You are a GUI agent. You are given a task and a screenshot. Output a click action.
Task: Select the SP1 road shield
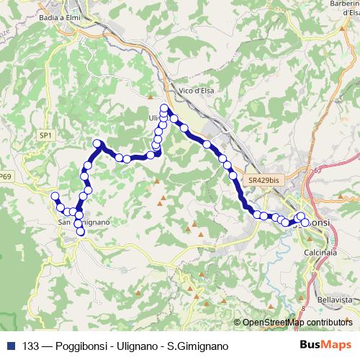(x=45, y=135)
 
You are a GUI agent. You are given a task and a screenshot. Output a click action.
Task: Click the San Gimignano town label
(x=84, y=222)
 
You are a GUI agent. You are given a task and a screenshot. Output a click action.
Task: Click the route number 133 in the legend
(x=32, y=346)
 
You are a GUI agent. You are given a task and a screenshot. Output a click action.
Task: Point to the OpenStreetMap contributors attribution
(x=297, y=323)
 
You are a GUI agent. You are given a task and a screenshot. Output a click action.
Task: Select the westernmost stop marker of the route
(x=55, y=196)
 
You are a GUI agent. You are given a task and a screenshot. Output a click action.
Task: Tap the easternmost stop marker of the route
(x=305, y=222)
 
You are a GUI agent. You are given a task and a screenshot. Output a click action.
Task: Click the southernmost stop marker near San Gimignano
(x=81, y=231)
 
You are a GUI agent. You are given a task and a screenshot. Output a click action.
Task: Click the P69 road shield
(x=6, y=176)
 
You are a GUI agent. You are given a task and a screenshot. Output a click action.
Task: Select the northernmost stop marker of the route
(x=164, y=109)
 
